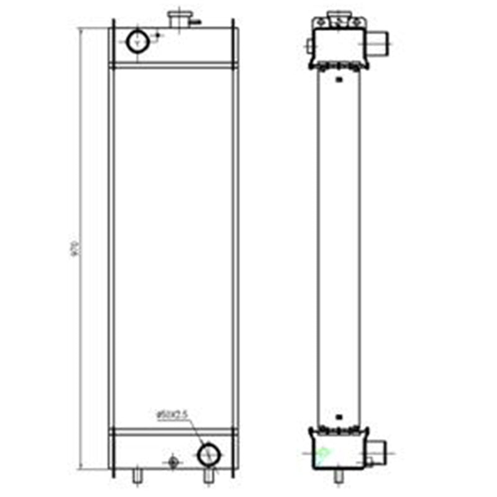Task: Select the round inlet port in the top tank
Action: click(x=137, y=42)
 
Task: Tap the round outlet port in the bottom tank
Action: click(x=208, y=454)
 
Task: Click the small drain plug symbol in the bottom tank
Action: click(x=173, y=462)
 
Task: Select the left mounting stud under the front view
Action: click(x=137, y=475)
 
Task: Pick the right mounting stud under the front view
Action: click(x=208, y=476)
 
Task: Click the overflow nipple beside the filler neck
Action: click(x=195, y=23)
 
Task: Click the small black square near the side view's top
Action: click(x=338, y=80)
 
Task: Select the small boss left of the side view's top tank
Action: click(x=309, y=44)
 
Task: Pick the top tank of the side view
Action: click(x=338, y=46)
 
